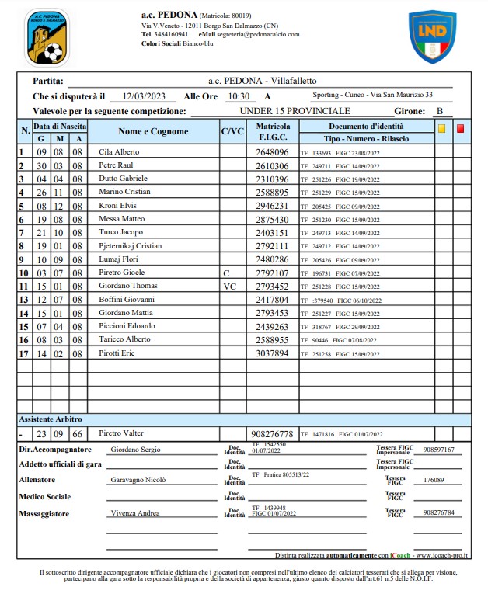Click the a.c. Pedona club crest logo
click(x=47, y=37)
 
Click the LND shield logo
click(x=432, y=36)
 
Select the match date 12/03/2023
click(x=144, y=97)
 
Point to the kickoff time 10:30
click(x=239, y=97)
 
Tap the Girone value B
click(x=440, y=112)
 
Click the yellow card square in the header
click(x=442, y=130)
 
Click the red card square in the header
click(x=460, y=130)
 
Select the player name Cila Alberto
click(x=119, y=152)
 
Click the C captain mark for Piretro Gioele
click(x=226, y=273)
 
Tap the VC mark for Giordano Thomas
click(x=229, y=287)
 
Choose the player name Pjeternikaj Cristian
click(x=130, y=246)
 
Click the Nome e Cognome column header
click(x=153, y=132)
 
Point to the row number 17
click(x=23, y=354)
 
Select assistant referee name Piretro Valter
click(x=122, y=433)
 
